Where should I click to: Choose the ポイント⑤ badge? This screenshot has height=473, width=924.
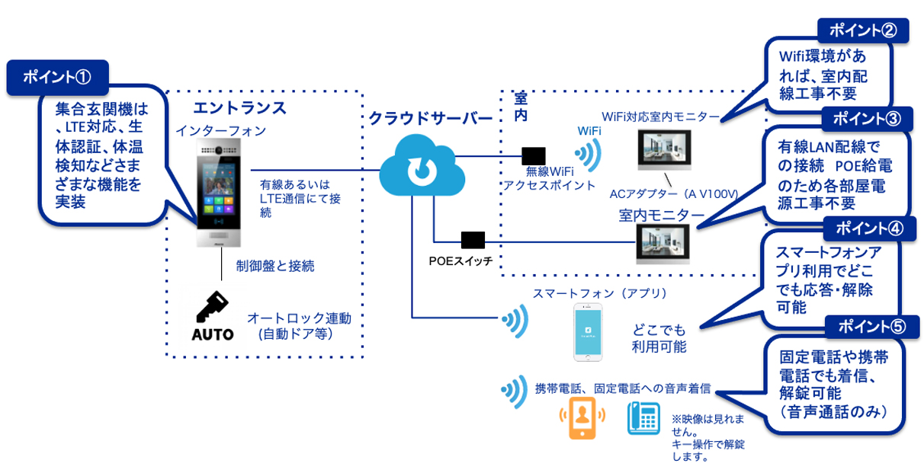[871, 327]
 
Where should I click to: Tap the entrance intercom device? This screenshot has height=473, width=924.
[217, 193]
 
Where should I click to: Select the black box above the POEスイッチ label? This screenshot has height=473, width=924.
[473, 240]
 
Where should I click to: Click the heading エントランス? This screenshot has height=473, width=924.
[240, 108]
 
